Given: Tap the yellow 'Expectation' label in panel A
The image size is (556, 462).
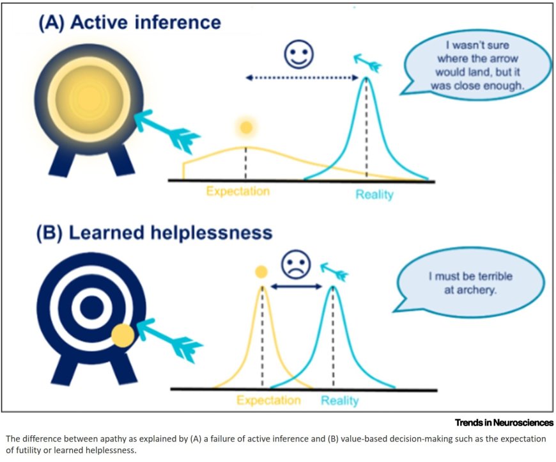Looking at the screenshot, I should coord(238,191).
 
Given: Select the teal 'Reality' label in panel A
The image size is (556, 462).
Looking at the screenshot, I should coord(375,194).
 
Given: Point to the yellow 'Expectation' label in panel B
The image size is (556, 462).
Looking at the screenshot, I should coord(268,400).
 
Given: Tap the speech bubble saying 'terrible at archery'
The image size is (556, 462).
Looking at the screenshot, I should coord(470,283).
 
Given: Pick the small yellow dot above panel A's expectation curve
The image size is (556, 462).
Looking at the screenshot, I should coord(245,128).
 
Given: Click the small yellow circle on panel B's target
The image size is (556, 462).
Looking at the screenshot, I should coord(122,334).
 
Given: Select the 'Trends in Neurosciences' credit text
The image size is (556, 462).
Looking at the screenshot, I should coord(504,422).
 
